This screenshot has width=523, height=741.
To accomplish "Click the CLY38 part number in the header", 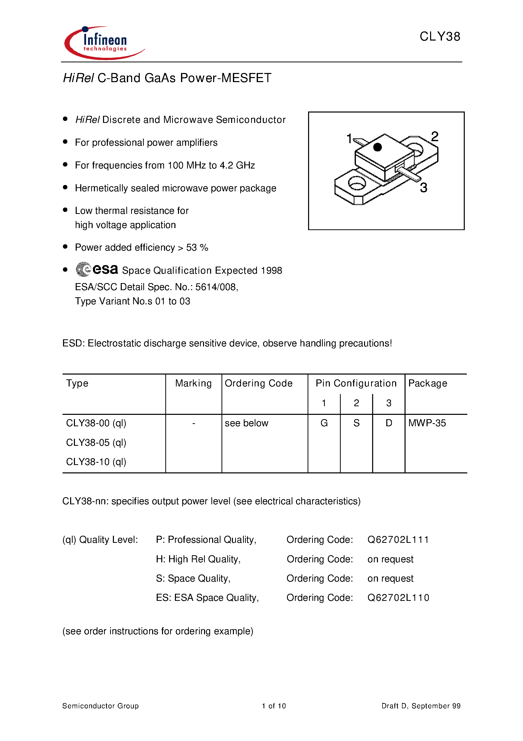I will tap(439, 36).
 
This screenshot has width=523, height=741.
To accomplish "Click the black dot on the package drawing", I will tap(377, 147).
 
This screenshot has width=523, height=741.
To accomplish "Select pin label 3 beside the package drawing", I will tap(423, 188).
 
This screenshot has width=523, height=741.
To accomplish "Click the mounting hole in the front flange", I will tap(357, 183).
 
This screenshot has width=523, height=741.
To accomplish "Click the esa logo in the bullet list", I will tap(97, 269).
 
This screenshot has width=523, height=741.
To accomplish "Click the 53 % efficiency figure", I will tap(197, 248).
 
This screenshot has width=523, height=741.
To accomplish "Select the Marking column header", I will tap(193, 383).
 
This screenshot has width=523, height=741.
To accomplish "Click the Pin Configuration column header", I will tap(356, 383).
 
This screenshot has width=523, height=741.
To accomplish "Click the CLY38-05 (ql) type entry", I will tap(96, 442).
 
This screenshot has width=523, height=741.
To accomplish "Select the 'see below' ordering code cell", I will tap(246, 423).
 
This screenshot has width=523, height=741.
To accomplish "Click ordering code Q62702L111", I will tap(398, 540).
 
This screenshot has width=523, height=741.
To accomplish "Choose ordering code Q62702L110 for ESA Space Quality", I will tap(398, 598).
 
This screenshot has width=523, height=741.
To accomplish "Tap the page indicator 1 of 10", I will tap(274, 706).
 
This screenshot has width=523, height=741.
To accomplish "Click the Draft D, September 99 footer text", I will tap(421, 706).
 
